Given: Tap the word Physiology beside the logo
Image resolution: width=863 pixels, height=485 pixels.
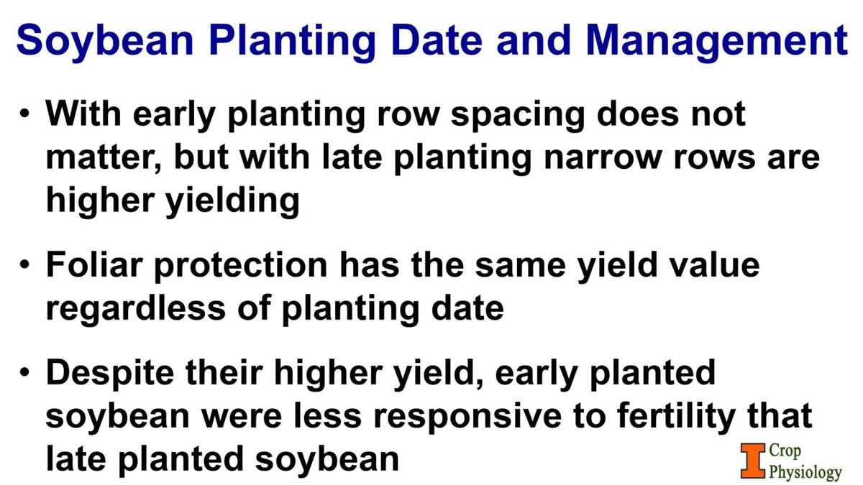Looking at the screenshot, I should tap(805, 472).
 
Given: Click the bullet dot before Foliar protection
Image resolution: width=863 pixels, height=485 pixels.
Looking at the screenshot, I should tap(26, 266).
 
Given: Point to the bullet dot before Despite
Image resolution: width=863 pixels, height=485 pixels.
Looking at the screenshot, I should tap(26, 374).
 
